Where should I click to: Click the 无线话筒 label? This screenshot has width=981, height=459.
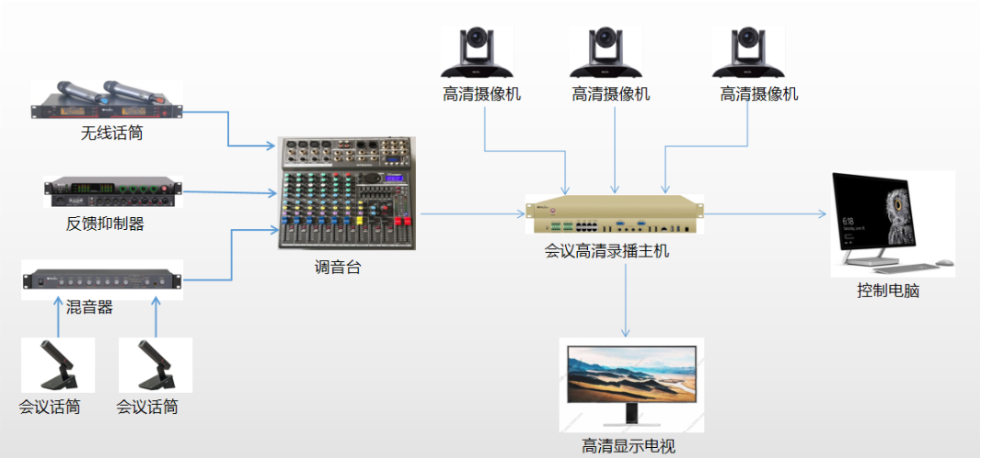point(112,134)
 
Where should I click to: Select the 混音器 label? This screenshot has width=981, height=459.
point(90,307)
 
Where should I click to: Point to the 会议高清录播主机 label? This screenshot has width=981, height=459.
point(607,248)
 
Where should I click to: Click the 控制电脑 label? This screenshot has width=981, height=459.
point(888,292)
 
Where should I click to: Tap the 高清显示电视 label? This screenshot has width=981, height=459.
point(629,447)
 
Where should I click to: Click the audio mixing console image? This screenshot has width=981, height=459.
point(347,194)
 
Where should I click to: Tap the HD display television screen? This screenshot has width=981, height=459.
point(630,375)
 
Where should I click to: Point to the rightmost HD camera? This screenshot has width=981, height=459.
point(748,53)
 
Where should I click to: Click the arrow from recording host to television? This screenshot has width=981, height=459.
point(626,299)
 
